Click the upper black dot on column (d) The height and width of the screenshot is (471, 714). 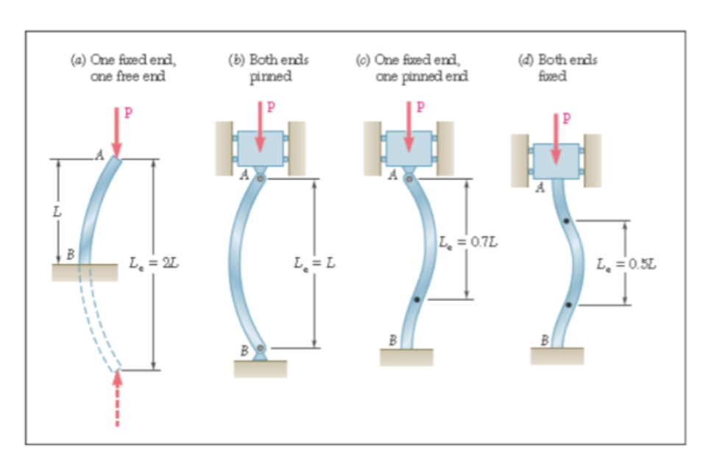click(565, 221)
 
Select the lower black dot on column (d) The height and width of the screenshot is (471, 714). click(568, 304)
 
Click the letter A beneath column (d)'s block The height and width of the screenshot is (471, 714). click(540, 188)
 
